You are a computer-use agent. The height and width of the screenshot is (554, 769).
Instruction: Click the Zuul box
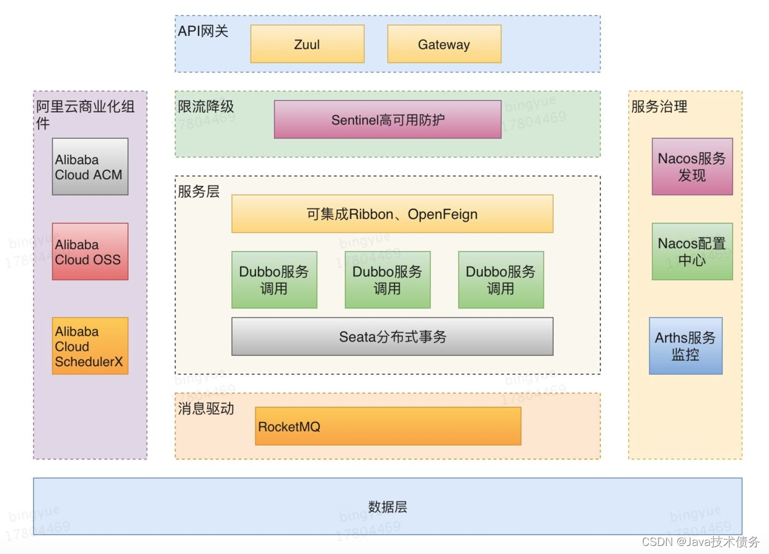coord(307,44)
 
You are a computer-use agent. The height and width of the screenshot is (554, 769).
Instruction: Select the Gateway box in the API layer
coord(444,44)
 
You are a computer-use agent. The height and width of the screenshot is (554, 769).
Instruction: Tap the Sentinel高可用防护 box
coord(388,120)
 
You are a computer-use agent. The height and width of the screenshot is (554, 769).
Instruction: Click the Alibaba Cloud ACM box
coord(90,167)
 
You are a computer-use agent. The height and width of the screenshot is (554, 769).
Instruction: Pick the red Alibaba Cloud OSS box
coord(90,252)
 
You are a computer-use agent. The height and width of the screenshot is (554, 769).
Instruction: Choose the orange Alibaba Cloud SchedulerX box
coord(90,346)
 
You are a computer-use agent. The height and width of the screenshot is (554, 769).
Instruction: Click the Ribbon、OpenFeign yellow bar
coord(392,214)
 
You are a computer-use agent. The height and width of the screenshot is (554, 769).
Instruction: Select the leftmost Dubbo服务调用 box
coord(274,279)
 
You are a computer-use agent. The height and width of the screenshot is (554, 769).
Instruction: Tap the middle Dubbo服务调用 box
coord(388,279)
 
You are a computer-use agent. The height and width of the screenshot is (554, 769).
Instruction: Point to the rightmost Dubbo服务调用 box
coord(501,279)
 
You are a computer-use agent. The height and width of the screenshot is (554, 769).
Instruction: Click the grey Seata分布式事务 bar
coord(392,336)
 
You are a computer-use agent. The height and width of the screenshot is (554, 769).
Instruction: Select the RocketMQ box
coord(388,426)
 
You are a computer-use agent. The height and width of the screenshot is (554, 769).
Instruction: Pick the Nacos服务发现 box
coord(692,167)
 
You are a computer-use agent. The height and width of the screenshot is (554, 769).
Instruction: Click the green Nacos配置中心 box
coord(692,252)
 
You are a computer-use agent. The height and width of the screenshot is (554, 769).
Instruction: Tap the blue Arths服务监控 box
coord(685,346)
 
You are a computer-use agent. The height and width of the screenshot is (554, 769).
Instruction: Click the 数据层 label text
coord(388,507)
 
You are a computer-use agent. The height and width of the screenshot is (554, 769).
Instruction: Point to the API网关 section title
coord(203,31)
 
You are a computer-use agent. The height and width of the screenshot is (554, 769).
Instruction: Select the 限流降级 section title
coord(206,107)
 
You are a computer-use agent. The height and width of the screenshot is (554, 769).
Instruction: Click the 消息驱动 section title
coord(206,409)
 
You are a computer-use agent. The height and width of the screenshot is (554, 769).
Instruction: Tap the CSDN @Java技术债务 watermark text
coord(700,542)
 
